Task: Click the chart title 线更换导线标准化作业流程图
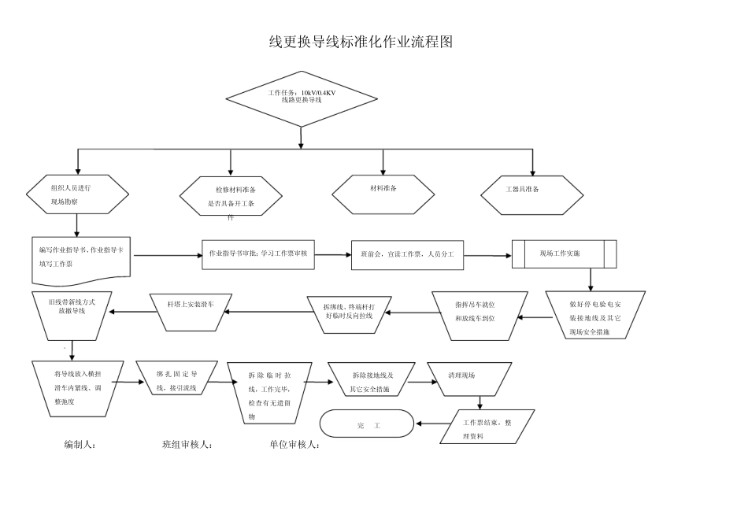click(x=361, y=43)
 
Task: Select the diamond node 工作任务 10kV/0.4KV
click(x=302, y=98)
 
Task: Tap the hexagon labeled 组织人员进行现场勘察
click(x=77, y=194)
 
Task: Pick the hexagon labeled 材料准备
click(x=383, y=194)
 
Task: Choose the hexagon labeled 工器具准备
click(x=533, y=194)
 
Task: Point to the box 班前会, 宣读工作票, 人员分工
click(x=407, y=254)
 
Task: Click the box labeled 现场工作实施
click(x=564, y=254)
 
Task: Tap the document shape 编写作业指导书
click(x=81, y=258)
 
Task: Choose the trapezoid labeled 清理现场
click(x=467, y=379)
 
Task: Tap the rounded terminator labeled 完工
click(x=367, y=425)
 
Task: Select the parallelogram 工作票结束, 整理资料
click(x=487, y=427)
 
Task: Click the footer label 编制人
click(x=80, y=445)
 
